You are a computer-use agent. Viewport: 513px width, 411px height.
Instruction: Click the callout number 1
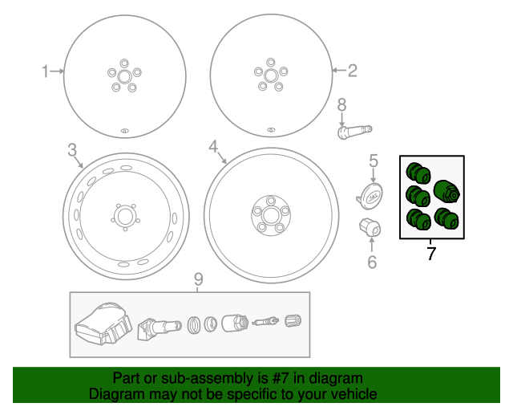[45, 71]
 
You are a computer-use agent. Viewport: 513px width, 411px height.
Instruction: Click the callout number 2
[352, 71]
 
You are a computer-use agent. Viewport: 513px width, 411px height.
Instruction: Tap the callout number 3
[71, 149]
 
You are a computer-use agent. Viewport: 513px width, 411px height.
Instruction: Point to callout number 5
[373, 161]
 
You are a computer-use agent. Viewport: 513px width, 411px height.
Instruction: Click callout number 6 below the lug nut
[371, 262]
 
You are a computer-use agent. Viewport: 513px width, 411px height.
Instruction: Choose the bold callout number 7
[431, 254]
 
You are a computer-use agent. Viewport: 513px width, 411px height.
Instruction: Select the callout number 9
[199, 279]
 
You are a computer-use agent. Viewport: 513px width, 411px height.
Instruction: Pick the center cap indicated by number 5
[370, 194]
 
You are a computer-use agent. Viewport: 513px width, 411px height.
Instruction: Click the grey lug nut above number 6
[369, 227]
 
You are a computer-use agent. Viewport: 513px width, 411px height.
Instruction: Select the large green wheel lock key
[446, 193]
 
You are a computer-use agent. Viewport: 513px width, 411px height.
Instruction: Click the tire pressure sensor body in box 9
[102, 328]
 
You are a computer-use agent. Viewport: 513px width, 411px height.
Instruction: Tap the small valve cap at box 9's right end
[292, 323]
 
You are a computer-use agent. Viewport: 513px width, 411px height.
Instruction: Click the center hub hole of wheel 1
[123, 75]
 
